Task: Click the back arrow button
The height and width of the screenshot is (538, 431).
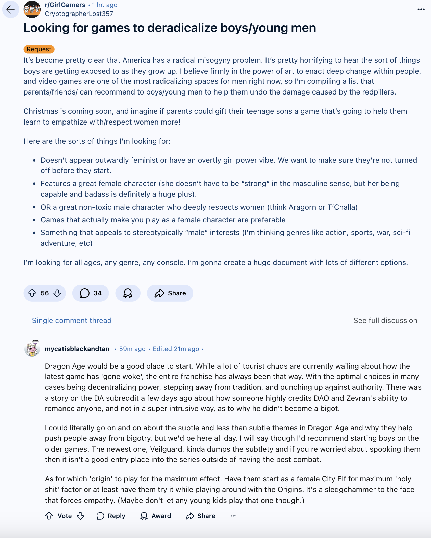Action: tap(10, 9)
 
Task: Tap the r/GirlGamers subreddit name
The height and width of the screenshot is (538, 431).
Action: tap(65, 5)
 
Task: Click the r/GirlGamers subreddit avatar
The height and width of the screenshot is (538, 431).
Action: tap(32, 9)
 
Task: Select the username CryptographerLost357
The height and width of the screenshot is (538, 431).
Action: tap(79, 14)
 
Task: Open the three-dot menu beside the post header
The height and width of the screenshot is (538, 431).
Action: tap(421, 9)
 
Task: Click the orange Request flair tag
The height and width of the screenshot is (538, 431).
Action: tap(39, 49)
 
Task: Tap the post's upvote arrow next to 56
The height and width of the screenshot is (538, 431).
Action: tap(32, 293)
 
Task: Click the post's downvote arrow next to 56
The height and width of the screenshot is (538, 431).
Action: tap(57, 293)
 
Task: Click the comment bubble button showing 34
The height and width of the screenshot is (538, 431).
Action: tap(91, 293)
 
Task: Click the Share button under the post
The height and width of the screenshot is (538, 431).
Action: tap(170, 293)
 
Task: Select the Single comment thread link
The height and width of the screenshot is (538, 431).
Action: tap(72, 320)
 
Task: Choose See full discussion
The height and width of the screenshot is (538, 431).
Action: tap(385, 320)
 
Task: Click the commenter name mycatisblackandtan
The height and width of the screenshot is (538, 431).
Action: tap(77, 349)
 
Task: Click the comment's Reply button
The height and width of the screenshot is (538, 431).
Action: tap(111, 516)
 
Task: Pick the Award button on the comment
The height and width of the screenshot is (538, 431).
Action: tap(156, 516)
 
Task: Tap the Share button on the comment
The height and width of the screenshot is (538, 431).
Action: tap(201, 516)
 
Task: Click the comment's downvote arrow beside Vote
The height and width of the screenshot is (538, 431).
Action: tap(80, 516)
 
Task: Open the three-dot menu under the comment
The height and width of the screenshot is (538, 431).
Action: tap(233, 516)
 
